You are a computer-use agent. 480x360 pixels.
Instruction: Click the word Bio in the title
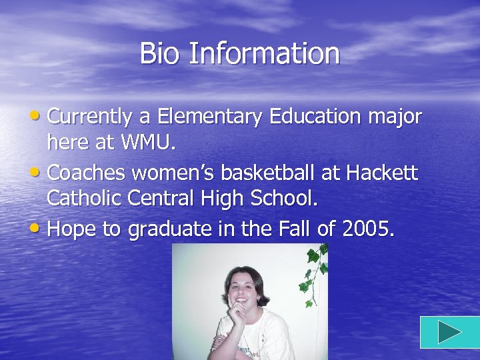pyautogui.click(x=160, y=53)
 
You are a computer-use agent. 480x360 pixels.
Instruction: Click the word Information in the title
pyautogui.click(x=263, y=53)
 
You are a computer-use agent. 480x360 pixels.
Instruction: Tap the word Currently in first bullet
pyautogui.click(x=90, y=117)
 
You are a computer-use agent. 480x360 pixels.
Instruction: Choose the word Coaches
pyautogui.click(x=88, y=173)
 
